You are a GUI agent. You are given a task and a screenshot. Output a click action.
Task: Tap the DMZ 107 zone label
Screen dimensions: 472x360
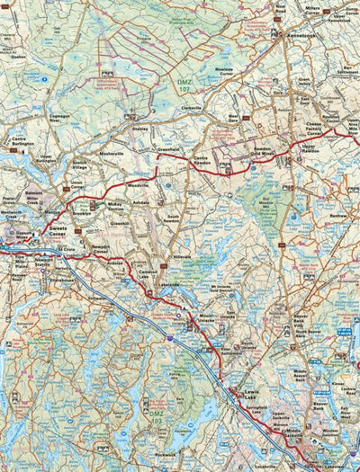(182, 85)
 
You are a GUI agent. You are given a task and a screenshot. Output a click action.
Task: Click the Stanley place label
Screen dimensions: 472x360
(139, 129)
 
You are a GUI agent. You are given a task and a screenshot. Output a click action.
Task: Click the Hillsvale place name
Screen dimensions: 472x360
(183, 255)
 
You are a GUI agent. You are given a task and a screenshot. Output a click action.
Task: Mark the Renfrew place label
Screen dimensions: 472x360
(338, 216)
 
